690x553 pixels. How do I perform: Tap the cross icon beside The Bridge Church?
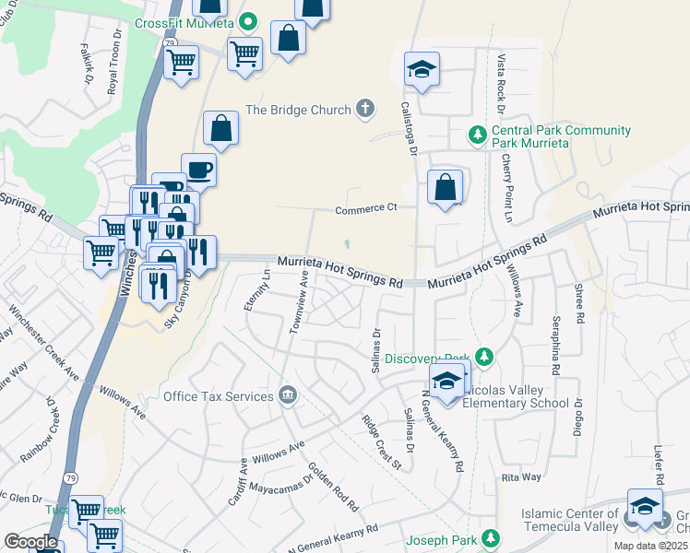click(365, 110)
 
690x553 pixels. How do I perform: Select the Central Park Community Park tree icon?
click(477, 136)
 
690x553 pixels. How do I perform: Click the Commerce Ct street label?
click(364, 208)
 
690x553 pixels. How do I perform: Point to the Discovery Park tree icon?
click(484, 358)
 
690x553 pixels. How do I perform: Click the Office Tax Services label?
click(219, 396)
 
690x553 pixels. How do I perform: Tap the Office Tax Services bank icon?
click(288, 396)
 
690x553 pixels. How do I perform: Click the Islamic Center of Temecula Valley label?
click(569, 520)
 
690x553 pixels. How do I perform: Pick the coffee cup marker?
click(198, 171)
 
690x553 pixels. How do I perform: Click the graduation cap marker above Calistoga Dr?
click(422, 69)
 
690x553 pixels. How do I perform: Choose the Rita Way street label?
click(521, 477)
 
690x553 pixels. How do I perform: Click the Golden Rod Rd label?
click(333, 486)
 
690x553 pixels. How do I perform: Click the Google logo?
click(30, 542)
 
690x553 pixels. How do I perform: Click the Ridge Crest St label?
click(381, 441)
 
